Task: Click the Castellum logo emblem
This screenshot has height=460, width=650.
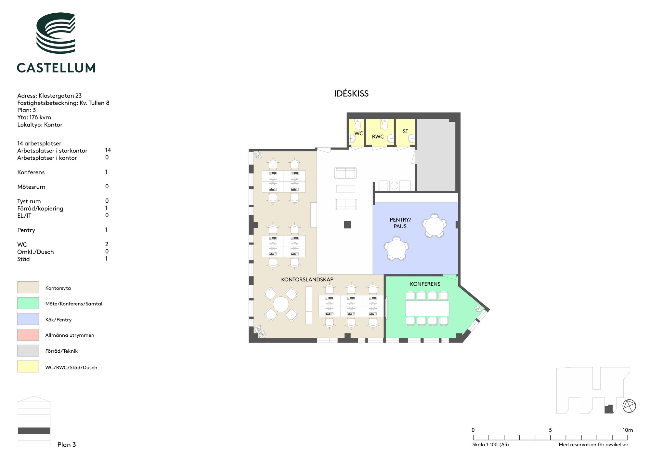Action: tap(56, 33)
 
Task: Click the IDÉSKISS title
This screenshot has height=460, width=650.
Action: tap(351, 94)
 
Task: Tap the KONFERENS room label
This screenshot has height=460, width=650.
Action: tap(425, 284)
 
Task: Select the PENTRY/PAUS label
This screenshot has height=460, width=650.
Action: tap(400, 223)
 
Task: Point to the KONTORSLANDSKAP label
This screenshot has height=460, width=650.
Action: tap(307, 279)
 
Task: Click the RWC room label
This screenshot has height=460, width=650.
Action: tap(378, 137)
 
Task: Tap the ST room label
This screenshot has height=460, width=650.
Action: tap(405, 131)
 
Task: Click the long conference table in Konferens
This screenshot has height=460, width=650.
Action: tap(427, 308)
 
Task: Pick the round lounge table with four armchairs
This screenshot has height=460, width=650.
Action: tap(281, 304)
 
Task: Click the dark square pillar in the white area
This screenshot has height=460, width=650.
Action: tap(348, 224)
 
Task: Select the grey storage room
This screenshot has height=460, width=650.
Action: tap(436, 155)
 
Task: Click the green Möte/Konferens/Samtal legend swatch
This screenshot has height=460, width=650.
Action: tap(28, 303)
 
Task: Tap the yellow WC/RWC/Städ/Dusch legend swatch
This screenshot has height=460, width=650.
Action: tap(28, 367)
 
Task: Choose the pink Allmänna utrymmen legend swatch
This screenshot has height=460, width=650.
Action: tap(28, 335)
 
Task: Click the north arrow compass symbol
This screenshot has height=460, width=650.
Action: tap(629, 406)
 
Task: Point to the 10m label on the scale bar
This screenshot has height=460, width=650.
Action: tap(628, 430)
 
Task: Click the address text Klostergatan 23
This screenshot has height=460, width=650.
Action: tap(60, 96)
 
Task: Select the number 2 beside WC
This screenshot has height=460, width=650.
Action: tap(107, 244)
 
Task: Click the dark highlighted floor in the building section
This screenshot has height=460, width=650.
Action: tap(34, 431)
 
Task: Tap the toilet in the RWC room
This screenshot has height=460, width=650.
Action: tap(385, 125)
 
